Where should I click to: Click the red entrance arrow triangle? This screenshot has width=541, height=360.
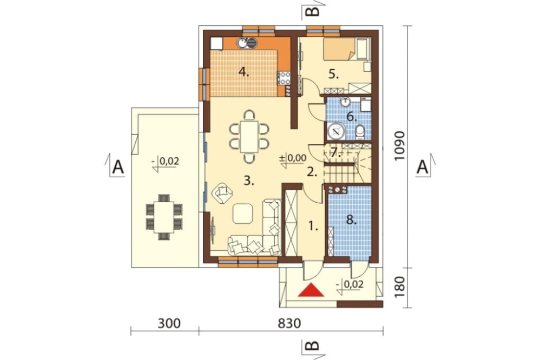pos(311,290)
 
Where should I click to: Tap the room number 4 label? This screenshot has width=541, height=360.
pos(243,73)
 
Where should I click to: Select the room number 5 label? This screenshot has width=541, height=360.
pos(333,74)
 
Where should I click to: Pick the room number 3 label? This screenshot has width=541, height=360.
pos(249,181)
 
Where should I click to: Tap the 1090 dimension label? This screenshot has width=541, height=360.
pos(400,145)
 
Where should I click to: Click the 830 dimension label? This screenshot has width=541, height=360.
pos(289,323)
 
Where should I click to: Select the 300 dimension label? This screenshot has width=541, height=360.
pos(169,323)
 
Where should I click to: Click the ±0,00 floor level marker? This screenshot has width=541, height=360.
pos(293,158)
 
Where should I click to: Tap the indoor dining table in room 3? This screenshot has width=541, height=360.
pos(249,136)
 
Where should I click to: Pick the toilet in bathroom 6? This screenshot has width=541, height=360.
pos(360,132)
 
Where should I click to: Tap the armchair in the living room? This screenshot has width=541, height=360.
pos(222,193)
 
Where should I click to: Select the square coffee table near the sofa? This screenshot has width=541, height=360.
pos(242,214)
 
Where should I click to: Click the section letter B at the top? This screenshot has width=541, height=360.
pos(312,10)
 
